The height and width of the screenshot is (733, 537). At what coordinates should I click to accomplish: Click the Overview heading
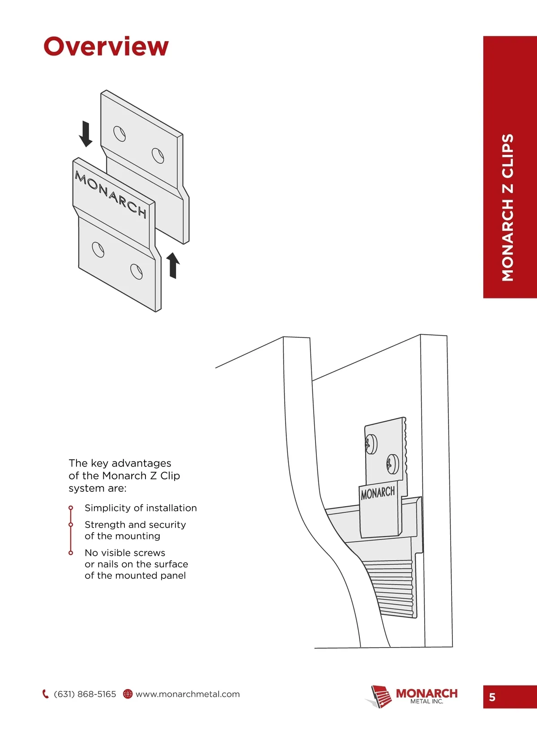(106, 47)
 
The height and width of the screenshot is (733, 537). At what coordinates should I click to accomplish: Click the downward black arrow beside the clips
(85, 134)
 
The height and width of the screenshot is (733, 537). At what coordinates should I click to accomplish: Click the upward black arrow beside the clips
(173, 265)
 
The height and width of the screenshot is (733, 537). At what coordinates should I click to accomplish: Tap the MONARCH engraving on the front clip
(111, 194)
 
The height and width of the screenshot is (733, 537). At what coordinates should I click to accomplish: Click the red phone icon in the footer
(45, 694)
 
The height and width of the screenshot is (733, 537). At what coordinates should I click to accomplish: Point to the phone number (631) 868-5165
(85, 694)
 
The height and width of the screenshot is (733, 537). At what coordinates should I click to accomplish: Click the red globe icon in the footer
(128, 694)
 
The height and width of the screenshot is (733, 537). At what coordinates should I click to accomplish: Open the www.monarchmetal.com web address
(188, 694)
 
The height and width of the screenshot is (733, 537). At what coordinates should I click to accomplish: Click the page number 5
(492, 697)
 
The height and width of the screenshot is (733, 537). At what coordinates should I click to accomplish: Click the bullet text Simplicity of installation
(141, 508)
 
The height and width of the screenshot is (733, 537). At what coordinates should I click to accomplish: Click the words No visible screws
(125, 553)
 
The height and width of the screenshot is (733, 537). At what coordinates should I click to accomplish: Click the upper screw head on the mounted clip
(371, 444)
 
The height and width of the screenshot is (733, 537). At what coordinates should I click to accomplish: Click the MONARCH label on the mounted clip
(378, 493)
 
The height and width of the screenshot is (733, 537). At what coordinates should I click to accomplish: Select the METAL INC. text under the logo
(426, 702)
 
